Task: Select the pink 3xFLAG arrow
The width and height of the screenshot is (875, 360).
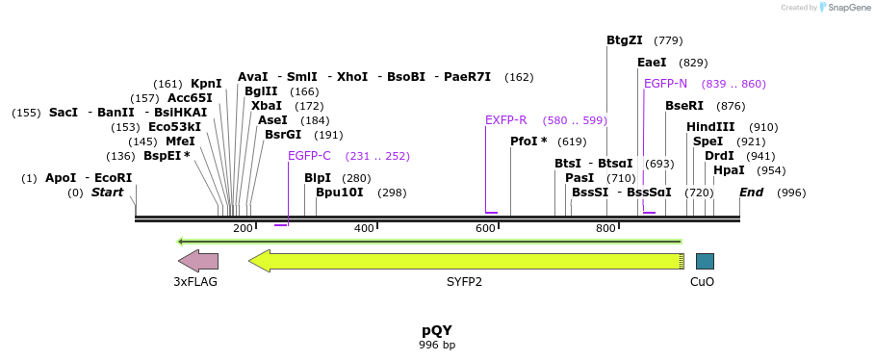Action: click(198, 261)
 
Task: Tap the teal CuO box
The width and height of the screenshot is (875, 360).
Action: click(705, 261)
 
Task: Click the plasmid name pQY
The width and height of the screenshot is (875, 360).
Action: click(437, 330)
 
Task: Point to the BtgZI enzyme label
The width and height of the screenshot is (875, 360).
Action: click(624, 40)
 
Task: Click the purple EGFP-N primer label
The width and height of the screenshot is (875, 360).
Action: click(665, 84)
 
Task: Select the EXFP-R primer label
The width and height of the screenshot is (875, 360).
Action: click(505, 120)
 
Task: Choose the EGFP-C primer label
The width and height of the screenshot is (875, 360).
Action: click(309, 156)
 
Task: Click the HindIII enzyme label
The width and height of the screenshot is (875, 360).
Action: click(710, 127)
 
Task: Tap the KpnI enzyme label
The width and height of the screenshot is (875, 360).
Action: click(206, 84)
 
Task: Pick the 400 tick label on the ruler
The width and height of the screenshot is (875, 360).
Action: click(364, 228)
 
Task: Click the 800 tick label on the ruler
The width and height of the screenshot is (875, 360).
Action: click(605, 228)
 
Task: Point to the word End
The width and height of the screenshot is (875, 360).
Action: click(751, 193)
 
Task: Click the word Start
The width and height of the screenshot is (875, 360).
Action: click(107, 193)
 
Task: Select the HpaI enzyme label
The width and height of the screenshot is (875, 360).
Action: click(729, 170)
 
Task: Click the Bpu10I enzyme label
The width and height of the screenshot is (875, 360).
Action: click(340, 193)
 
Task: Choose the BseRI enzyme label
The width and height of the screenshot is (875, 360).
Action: click(684, 106)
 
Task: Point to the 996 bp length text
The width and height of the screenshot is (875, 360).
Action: click(437, 345)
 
